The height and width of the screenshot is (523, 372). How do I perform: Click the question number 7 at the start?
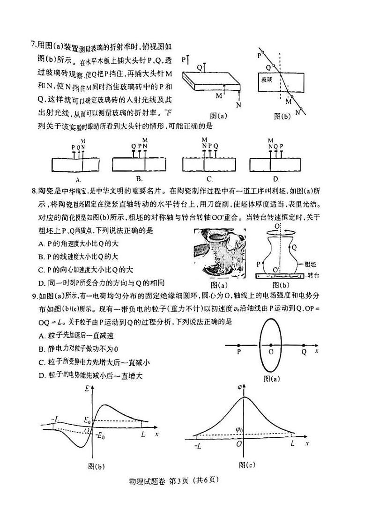click(33, 45)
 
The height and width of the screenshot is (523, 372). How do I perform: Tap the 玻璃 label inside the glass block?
click(268, 80)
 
